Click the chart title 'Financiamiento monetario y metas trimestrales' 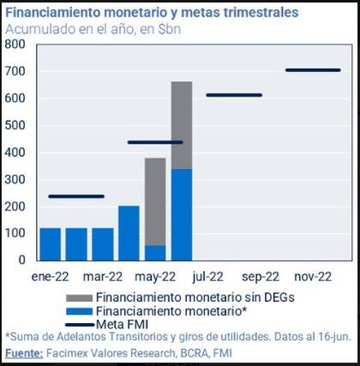[x=153, y=14]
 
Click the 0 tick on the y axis [x=21, y=260]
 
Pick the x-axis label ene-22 [x=50, y=276]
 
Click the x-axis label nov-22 [x=313, y=276]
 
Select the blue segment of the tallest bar [x=182, y=214]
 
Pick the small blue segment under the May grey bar [x=155, y=252]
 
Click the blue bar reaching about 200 [x=129, y=232]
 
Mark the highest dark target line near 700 [x=312, y=70]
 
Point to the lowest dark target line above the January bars [x=76, y=196]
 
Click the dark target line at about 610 [x=234, y=95]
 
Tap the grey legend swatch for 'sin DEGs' [x=78, y=296]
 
